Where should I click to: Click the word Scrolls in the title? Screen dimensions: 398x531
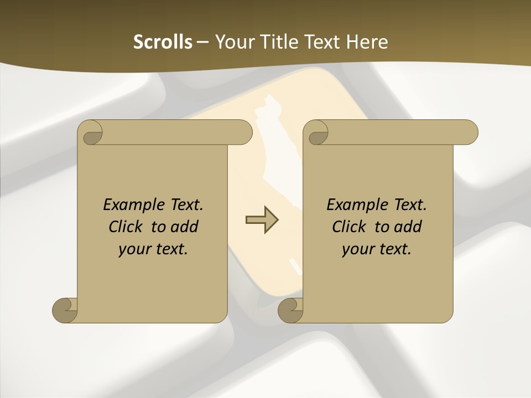[x=163, y=42]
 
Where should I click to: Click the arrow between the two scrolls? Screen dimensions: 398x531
[x=262, y=220]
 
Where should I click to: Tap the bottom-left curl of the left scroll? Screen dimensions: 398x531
[x=65, y=310]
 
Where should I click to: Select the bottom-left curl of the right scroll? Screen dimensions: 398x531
[x=290, y=310]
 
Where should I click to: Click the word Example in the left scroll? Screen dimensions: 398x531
[x=131, y=205]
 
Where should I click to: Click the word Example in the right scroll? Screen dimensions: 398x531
[x=355, y=205]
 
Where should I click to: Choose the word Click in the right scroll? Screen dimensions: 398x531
[x=350, y=227]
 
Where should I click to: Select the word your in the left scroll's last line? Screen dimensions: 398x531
[x=134, y=250]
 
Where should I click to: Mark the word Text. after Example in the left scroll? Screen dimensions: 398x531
[x=184, y=205]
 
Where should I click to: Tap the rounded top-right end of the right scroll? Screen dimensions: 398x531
[x=469, y=132]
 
